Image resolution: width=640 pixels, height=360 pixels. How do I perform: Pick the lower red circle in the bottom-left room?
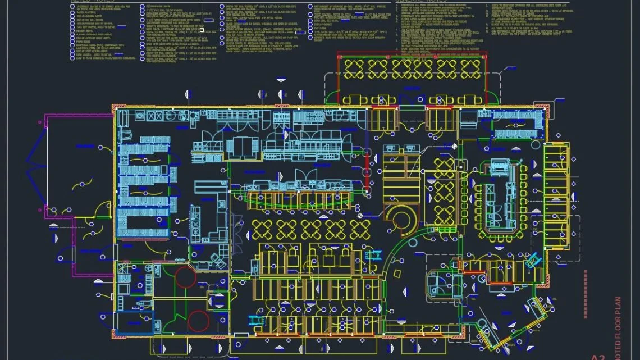[198, 321]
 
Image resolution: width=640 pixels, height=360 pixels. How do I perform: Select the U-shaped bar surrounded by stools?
[498, 197]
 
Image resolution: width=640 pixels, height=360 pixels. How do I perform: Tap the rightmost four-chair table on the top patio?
[470, 69]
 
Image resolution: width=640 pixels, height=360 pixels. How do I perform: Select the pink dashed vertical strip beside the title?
[584, 292]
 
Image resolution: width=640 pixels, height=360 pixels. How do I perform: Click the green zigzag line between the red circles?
[179, 300]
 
